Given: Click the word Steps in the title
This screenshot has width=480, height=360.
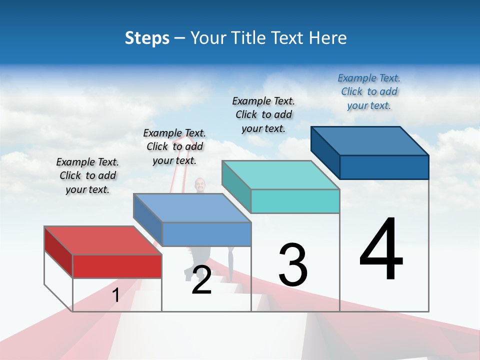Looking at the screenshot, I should [x=147, y=38].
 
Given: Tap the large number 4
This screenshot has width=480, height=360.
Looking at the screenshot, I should [x=381, y=250].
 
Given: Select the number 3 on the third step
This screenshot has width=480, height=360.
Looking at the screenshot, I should [x=293, y=265].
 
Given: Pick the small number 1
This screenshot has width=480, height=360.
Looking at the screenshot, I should [x=116, y=295].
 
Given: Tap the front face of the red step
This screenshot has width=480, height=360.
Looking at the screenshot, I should [x=117, y=266].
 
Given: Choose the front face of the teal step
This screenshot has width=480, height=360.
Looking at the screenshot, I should [x=295, y=201].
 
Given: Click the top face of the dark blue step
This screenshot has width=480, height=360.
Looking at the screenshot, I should [x=370, y=140].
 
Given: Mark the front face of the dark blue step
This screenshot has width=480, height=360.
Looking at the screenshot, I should [x=384, y=167].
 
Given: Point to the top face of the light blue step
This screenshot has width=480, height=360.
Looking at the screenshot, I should [x=192, y=208].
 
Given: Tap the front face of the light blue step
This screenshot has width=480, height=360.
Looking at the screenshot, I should [x=206, y=234].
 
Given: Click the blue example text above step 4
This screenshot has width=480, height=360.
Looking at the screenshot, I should [x=369, y=91].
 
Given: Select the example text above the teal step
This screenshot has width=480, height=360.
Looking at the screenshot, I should [x=263, y=114].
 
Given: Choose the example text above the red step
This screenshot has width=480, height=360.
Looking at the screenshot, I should [x=87, y=175].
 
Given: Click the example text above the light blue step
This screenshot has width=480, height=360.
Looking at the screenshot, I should [x=174, y=146].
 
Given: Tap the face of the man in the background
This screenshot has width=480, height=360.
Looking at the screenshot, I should [x=200, y=184].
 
